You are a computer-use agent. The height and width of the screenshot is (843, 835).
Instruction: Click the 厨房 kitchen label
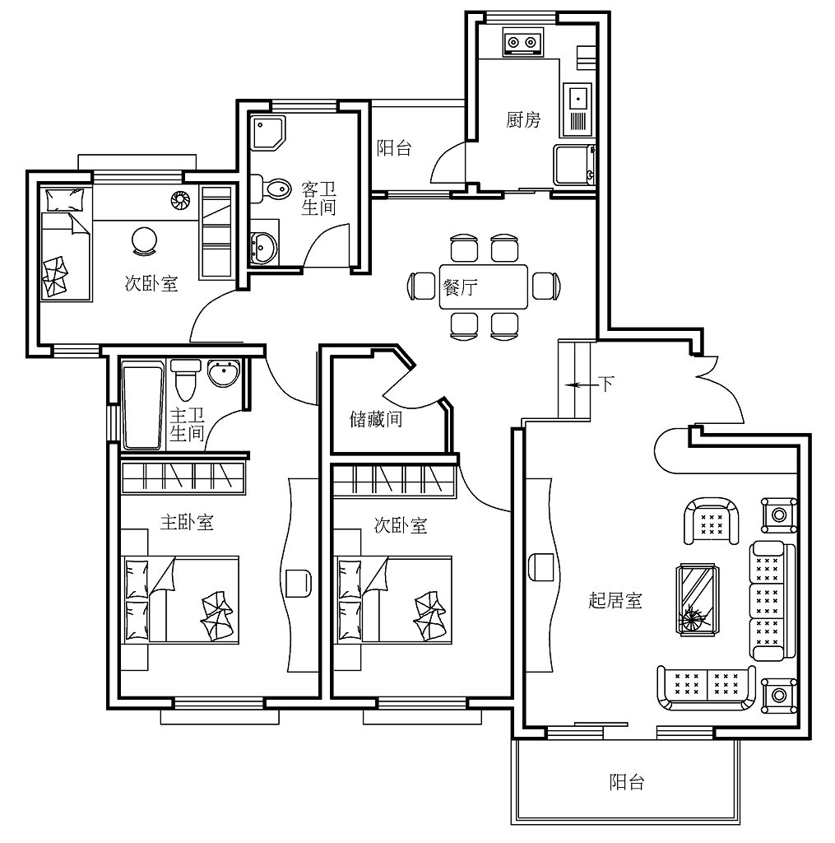523,119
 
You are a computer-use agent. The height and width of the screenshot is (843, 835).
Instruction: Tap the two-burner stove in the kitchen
522,43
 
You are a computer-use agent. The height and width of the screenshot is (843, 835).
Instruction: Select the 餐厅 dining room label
459,287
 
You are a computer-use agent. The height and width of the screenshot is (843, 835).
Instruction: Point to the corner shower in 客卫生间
268,133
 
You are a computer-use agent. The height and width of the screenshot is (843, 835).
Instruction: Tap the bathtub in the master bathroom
142,406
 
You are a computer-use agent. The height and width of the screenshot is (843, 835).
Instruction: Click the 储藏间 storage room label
376,419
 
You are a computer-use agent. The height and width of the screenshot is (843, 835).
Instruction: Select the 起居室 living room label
615,600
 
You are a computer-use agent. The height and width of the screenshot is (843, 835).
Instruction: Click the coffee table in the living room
698,599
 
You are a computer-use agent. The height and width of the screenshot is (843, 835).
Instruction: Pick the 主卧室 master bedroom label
187,522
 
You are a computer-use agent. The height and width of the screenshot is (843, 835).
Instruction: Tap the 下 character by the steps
606,384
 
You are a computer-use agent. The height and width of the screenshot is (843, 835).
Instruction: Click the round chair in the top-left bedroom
145,240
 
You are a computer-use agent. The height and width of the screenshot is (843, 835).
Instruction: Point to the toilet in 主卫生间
185,380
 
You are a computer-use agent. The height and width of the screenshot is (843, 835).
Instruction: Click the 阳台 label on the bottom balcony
627,782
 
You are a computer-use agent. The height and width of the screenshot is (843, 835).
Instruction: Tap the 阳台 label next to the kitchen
394,148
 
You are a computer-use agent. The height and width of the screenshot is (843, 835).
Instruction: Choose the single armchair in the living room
711,521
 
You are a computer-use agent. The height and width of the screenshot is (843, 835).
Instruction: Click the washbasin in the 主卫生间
224,373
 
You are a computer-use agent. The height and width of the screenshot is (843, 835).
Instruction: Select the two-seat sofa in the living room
706,688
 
